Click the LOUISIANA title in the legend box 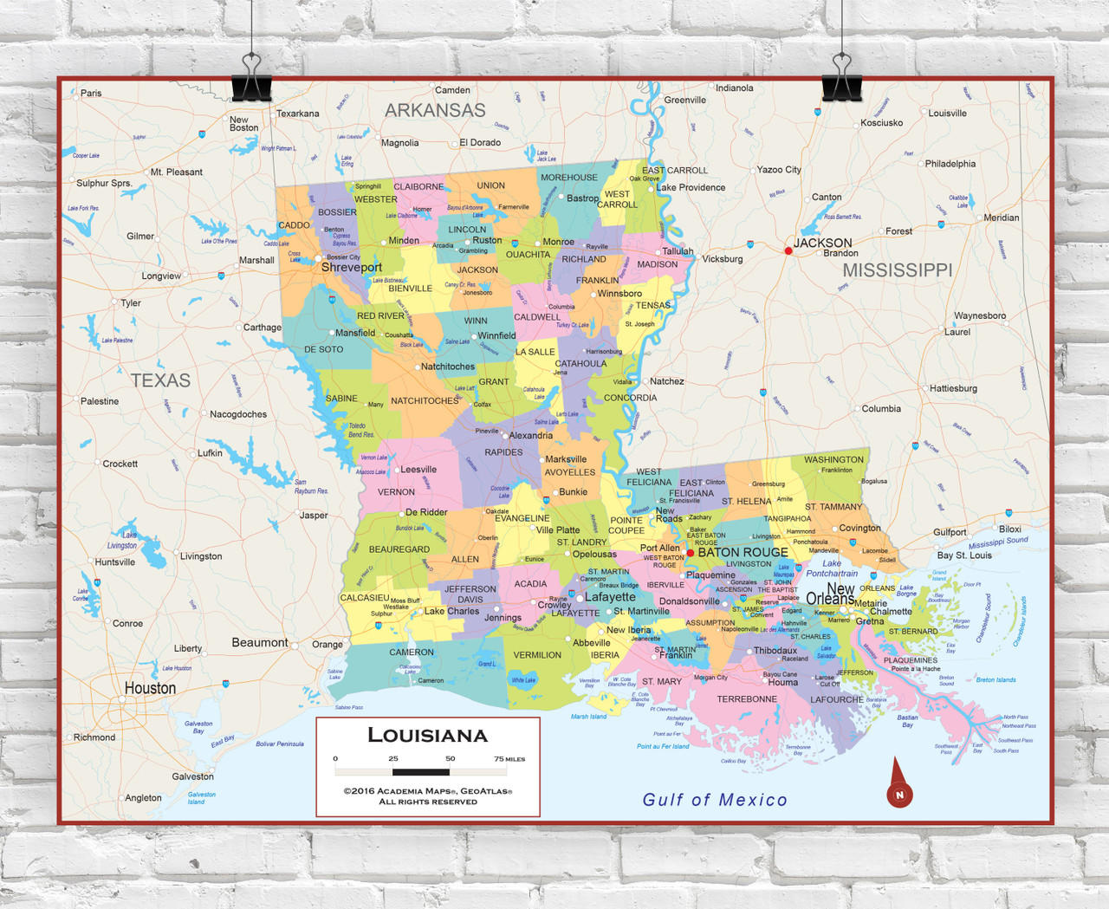(427, 736)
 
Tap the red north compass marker (899, 793)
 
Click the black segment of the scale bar (421, 771)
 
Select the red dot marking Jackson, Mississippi (788, 251)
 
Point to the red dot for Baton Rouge (691, 553)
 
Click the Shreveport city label (351, 268)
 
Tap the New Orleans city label (830, 594)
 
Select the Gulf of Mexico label (715, 800)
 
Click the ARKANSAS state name (435, 111)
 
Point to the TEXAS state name (160, 380)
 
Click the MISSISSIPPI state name (897, 270)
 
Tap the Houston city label (150, 688)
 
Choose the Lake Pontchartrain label (832, 568)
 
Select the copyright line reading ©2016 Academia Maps (427, 791)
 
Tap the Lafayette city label (610, 597)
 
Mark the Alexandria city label (530, 436)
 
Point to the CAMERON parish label (412, 653)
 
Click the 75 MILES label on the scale (509, 759)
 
